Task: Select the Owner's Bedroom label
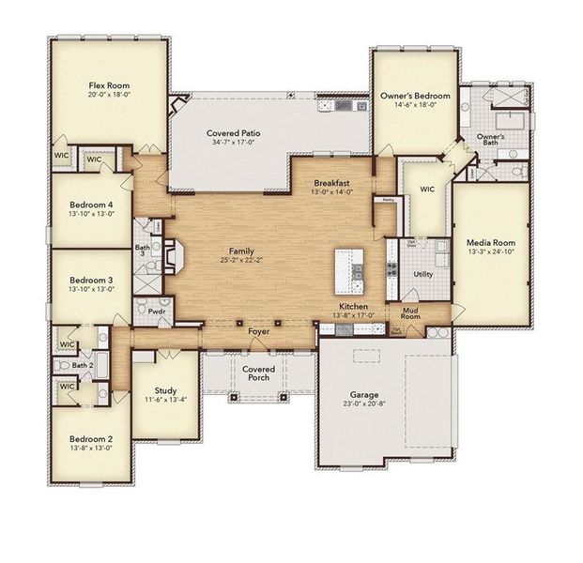pyautogui.click(x=414, y=97)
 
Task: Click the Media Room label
pyautogui.click(x=491, y=241)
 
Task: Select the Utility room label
pyautogui.click(x=422, y=274)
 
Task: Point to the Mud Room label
pyautogui.click(x=410, y=312)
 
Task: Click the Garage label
pyautogui.click(x=360, y=395)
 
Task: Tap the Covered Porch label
pyautogui.click(x=258, y=373)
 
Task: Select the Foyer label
pyautogui.click(x=258, y=332)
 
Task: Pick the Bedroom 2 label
pyautogui.click(x=91, y=438)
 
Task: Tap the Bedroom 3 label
pyautogui.click(x=91, y=280)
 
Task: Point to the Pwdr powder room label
pyautogui.click(x=157, y=311)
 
